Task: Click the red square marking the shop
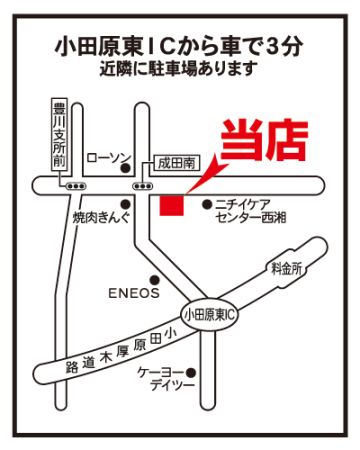click(172, 206)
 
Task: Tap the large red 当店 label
click(264, 141)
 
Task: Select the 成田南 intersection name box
click(177, 164)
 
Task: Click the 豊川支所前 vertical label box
click(60, 134)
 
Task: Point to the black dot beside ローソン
click(125, 169)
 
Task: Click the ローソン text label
click(110, 158)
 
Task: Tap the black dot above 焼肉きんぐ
click(125, 203)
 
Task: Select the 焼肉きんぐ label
click(101, 218)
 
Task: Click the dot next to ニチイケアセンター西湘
click(207, 203)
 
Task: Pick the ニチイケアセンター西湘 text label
click(250, 211)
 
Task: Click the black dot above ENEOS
click(154, 279)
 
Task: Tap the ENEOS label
click(134, 293)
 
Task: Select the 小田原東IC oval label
click(210, 315)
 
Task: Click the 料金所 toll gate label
click(286, 268)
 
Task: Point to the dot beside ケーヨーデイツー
click(191, 372)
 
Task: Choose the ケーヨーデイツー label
click(166, 379)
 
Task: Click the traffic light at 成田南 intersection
click(143, 186)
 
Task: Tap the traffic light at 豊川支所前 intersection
click(76, 186)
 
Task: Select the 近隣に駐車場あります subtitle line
click(179, 69)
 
